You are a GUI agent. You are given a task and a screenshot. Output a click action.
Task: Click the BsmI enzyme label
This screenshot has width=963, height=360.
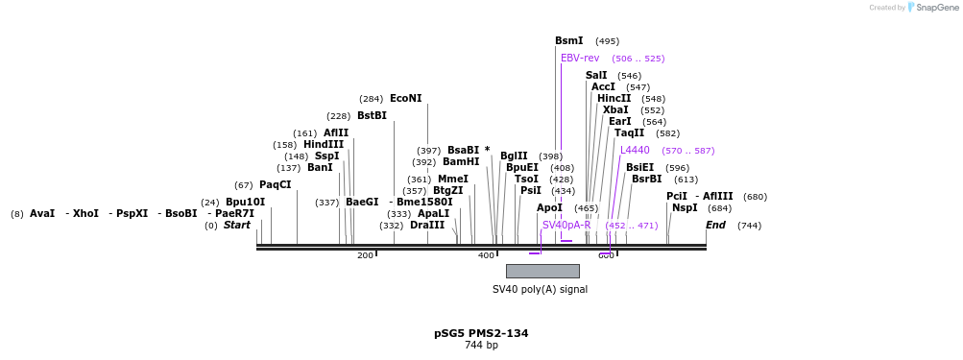(568, 41)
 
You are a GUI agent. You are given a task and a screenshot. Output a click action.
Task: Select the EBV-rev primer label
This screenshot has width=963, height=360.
(580, 59)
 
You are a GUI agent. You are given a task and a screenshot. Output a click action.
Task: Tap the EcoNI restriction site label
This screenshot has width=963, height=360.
(405, 99)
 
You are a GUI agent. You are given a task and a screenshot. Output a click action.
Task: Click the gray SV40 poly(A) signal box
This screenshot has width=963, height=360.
(542, 271)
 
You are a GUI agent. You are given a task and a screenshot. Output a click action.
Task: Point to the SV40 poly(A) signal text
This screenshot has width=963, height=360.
(540, 289)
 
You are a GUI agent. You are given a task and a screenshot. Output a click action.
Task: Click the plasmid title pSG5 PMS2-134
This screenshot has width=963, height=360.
(481, 333)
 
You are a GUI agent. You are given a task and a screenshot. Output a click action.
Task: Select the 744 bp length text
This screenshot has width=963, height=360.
(481, 346)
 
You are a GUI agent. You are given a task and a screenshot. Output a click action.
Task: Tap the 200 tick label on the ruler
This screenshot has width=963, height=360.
(365, 255)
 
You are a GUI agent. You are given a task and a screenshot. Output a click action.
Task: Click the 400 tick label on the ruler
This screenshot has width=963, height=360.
(487, 255)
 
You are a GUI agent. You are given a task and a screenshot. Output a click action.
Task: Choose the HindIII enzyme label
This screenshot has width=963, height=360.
(324, 145)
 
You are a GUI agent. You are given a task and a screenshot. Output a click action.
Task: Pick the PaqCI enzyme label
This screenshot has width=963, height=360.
(275, 185)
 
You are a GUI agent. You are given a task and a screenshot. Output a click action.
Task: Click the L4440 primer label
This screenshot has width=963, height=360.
(635, 151)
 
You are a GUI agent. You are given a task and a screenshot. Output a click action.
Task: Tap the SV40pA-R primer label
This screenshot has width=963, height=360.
(566, 226)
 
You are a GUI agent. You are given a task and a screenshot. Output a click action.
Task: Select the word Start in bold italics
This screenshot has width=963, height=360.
(236, 226)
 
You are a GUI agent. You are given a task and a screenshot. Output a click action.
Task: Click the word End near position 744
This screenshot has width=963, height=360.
(715, 226)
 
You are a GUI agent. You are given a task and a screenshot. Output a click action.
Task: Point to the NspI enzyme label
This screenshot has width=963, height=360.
(685, 208)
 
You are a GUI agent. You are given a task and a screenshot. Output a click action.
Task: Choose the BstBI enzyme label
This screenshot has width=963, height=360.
(372, 116)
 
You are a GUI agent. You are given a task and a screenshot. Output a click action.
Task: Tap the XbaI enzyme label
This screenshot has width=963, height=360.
(615, 110)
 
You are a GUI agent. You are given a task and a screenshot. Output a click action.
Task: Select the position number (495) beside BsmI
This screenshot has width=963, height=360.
(607, 41)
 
